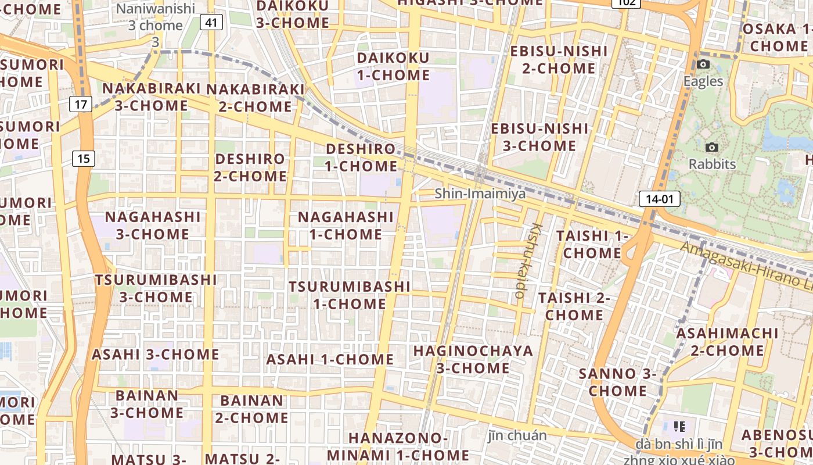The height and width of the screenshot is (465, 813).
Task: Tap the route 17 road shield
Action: point(81,104)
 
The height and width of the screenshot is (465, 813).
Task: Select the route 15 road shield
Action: point(84,158)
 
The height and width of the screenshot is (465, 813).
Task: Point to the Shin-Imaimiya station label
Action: point(480,193)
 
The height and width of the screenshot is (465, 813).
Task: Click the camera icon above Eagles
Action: point(703,65)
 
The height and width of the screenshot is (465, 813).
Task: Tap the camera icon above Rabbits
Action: point(712,148)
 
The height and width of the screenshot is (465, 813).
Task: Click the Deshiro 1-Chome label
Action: point(361,157)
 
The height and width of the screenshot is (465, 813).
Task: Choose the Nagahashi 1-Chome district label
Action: point(346,226)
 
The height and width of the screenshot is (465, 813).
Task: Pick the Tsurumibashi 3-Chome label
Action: point(156,288)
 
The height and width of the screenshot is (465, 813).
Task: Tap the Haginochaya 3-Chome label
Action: point(473,359)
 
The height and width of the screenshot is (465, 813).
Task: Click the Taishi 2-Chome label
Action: point(574,306)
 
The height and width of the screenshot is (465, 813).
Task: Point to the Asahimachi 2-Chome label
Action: point(727,342)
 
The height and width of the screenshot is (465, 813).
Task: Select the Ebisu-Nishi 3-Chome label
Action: point(539,137)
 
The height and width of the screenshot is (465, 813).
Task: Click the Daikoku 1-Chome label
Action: point(393,66)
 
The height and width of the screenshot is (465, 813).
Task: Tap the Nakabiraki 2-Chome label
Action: point(256,98)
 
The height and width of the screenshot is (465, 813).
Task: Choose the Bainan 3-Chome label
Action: point(147,404)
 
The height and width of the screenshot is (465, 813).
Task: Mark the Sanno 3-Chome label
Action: point(617,382)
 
